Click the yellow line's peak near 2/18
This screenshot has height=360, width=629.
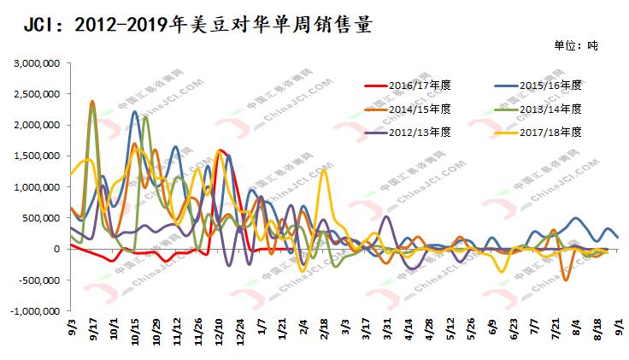(323, 169)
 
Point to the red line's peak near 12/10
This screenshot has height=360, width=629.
(221, 150)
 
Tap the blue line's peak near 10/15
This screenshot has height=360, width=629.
(134, 112)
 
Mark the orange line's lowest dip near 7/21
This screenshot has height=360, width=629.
(565, 280)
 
